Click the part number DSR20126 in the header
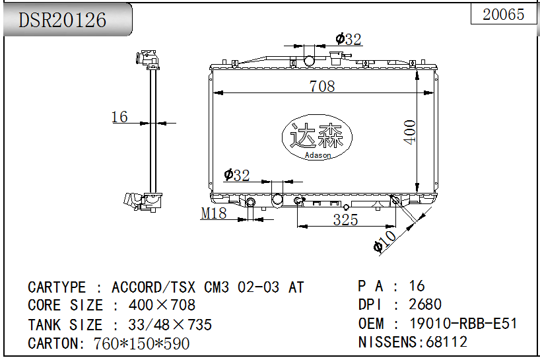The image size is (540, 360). click(62, 20)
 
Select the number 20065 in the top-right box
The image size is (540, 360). click(503, 14)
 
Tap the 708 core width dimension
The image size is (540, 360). click(322, 86)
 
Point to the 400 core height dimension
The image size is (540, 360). click(410, 132)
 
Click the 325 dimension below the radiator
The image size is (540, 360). click(345, 220)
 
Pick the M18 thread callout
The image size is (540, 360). click(213, 213)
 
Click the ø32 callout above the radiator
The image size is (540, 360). click(349, 39)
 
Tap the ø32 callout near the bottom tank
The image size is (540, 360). click(236, 175)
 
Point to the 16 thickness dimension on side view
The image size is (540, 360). click(119, 117)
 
